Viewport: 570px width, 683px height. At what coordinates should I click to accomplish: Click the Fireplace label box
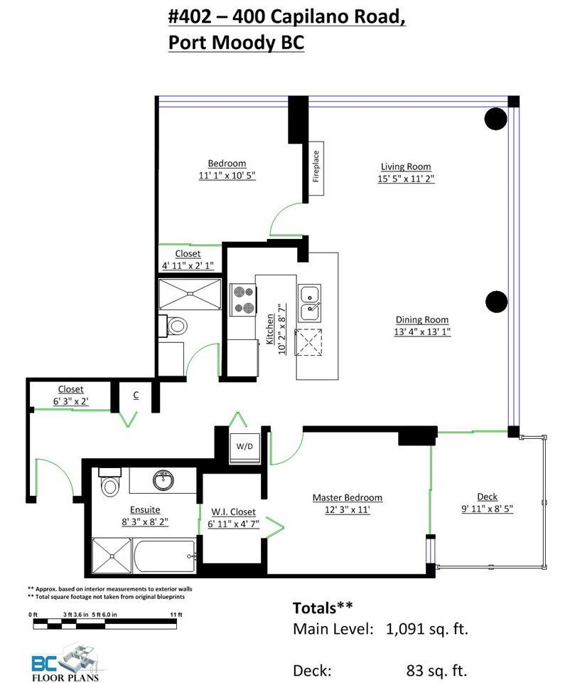tap(316, 168)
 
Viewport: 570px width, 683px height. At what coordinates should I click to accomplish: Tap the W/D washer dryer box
tap(244, 447)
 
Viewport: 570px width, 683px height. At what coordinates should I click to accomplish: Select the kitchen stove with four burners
tap(243, 300)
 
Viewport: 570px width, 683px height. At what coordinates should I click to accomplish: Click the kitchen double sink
tap(310, 303)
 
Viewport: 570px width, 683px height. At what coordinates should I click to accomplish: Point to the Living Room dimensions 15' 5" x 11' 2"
tap(406, 179)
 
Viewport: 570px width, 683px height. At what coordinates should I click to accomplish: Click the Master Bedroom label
tap(348, 497)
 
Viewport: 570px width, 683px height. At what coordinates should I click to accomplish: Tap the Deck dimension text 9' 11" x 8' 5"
tap(488, 509)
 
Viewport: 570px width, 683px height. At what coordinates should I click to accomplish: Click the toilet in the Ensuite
tap(109, 482)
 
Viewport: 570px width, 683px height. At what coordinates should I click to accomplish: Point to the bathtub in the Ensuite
tap(164, 556)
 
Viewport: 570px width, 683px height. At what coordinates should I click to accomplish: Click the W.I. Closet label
tap(234, 512)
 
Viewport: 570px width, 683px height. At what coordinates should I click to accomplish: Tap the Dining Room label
tap(422, 319)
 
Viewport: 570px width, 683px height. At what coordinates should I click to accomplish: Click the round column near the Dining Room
tap(496, 302)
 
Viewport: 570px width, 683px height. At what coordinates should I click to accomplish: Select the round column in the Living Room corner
tap(495, 118)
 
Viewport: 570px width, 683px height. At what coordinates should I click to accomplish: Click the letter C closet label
tap(136, 395)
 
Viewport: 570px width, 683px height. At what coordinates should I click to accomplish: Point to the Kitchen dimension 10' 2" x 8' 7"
tap(282, 329)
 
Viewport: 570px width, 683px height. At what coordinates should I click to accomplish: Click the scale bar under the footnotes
tap(105, 624)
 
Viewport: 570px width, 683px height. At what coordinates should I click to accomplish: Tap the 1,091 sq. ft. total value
tap(427, 628)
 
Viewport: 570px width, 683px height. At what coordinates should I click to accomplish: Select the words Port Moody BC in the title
tap(236, 43)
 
